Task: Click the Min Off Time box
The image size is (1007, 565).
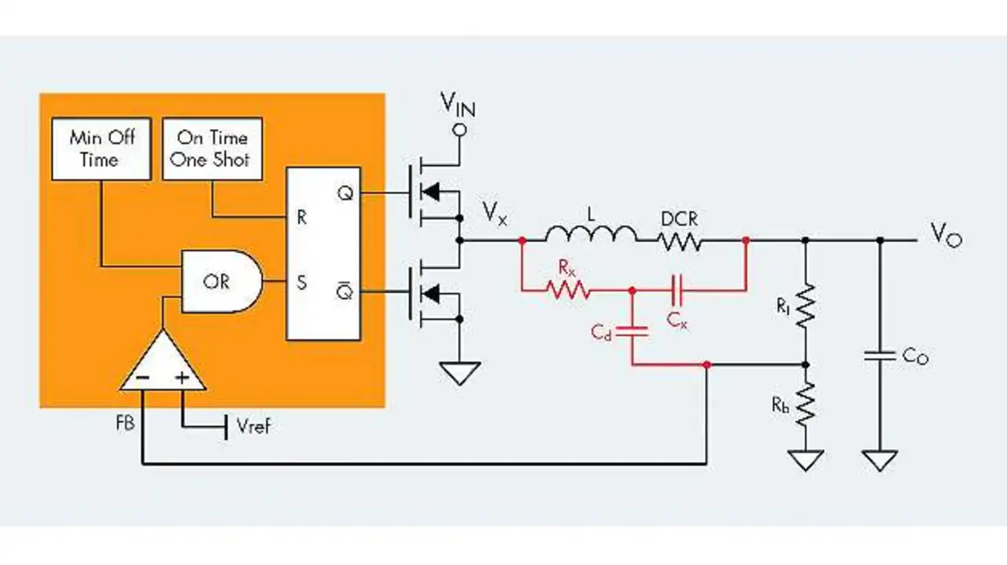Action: click(x=101, y=149)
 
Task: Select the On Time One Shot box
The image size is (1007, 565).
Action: click(x=212, y=149)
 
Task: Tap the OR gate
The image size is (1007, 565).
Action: click(x=222, y=281)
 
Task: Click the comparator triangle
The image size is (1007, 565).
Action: click(x=163, y=363)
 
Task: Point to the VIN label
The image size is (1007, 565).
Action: click(x=458, y=105)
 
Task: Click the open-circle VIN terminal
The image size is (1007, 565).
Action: click(x=459, y=130)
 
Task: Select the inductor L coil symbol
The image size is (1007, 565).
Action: click(x=591, y=233)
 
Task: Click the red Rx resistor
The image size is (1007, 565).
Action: click(x=568, y=290)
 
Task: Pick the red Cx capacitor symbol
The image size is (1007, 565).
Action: click(x=677, y=290)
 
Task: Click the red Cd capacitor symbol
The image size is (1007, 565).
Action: click(x=632, y=332)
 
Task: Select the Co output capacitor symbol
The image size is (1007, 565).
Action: click(x=880, y=356)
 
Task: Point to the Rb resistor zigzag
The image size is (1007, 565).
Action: click(x=805, y=404)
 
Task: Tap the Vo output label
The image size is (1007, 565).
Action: click(x=946, y=235)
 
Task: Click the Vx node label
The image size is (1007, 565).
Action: click(x=495, y=213)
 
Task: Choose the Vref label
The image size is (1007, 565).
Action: click(x=254, y=425)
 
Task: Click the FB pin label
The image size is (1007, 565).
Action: click(x=125, y=423)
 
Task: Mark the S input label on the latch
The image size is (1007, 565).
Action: click(x=301, y=283)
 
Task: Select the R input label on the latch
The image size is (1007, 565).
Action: click(x=301, y=218)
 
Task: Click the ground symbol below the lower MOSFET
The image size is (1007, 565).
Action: click(x=459, y=372)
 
